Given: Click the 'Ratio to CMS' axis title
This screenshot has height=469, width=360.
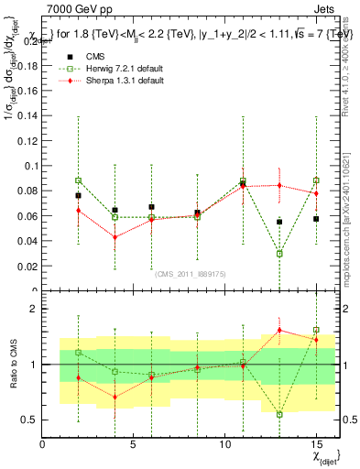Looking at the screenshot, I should coord(12,365).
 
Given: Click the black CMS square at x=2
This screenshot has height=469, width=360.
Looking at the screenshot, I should coord(79,195).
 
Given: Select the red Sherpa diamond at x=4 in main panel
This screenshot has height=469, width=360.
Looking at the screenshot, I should coord(115,237).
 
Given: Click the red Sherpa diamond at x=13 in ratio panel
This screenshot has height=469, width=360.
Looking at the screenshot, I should coord(279,331).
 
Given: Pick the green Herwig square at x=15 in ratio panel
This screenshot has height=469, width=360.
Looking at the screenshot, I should coord(316,330).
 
